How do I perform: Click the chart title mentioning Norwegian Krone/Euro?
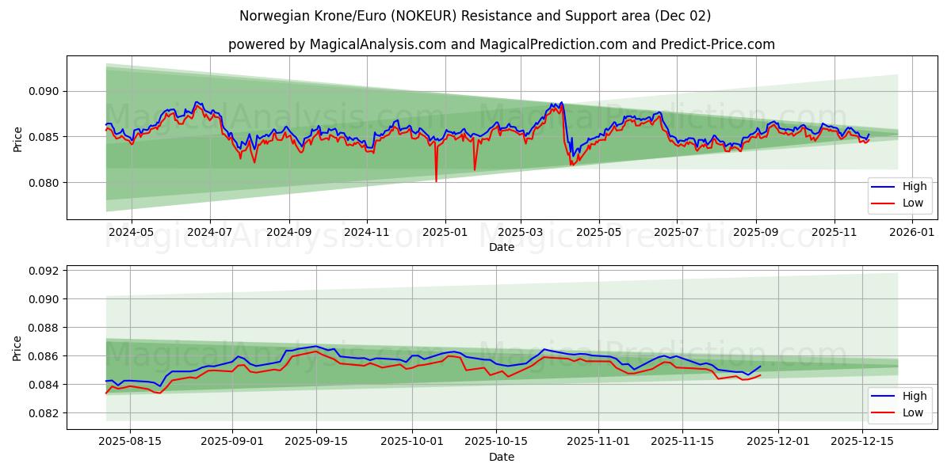475,16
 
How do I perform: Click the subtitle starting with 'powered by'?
501,44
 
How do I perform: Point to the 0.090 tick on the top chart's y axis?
43,91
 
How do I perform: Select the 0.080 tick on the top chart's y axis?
43,183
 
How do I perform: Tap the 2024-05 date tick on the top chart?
131,232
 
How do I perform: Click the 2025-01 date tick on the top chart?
445,232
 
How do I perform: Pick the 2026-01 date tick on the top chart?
913,232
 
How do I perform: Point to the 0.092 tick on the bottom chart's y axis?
43,271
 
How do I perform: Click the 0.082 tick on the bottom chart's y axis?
43,413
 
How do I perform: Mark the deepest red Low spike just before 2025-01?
436,180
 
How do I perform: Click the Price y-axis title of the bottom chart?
17,347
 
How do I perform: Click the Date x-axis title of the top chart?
501,247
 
